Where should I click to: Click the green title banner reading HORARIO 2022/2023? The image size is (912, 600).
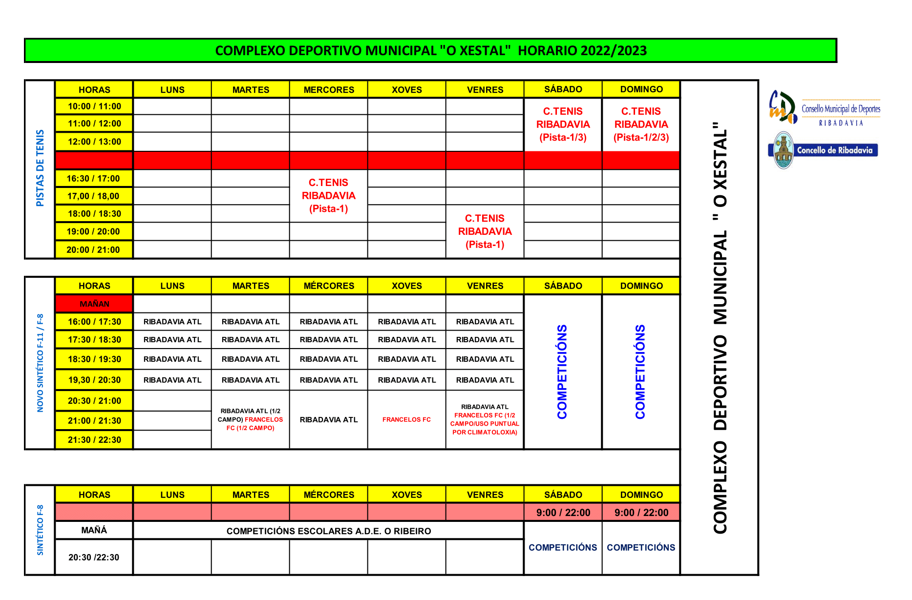[x=430, y=51]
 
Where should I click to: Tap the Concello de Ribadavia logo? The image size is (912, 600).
[x=824, y=150]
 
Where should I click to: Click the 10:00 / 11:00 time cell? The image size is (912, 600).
[x=94, y=106]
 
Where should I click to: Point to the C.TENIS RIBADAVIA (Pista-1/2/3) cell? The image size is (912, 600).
[x=641, y=124]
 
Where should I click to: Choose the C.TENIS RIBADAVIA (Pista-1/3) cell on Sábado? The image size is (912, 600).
[x=563, y=124]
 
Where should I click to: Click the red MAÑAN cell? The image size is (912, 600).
[x=94, y=304]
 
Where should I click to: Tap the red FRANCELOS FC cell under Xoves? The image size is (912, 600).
[x=406, y=419]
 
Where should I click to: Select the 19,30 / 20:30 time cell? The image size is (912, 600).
[x=94, y=380]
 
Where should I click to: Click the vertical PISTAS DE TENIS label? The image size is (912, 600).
[x=40, y=168]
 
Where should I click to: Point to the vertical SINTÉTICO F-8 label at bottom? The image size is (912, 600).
[x=40, y=530]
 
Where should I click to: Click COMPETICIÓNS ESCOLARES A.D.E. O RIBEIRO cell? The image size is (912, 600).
[x=328, y=531]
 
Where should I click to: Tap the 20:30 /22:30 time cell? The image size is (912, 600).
[x=94, y=557]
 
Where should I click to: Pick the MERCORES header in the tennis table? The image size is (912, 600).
[x=329, y=90]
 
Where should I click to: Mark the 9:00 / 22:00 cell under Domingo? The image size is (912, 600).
[x=641, y=513]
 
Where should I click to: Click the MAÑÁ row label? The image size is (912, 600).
[x=94, y=530]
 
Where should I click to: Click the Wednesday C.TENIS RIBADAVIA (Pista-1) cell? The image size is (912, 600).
[x=328, y=196]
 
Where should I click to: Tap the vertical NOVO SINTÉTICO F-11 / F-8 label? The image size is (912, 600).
[x=40, y=363]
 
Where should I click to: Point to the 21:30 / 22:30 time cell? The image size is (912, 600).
[x=94, y=440]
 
